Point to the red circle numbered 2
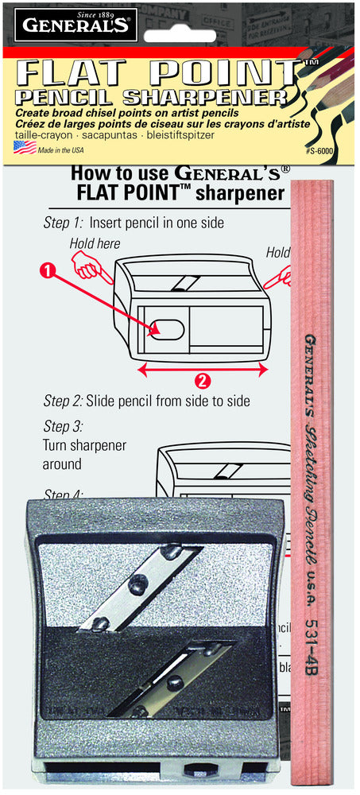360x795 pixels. [x=203, y=380]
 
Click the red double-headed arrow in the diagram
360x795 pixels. [x=203, y=369]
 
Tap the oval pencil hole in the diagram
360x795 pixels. [x=168, y=328]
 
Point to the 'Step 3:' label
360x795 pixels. [x=63, y=426]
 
